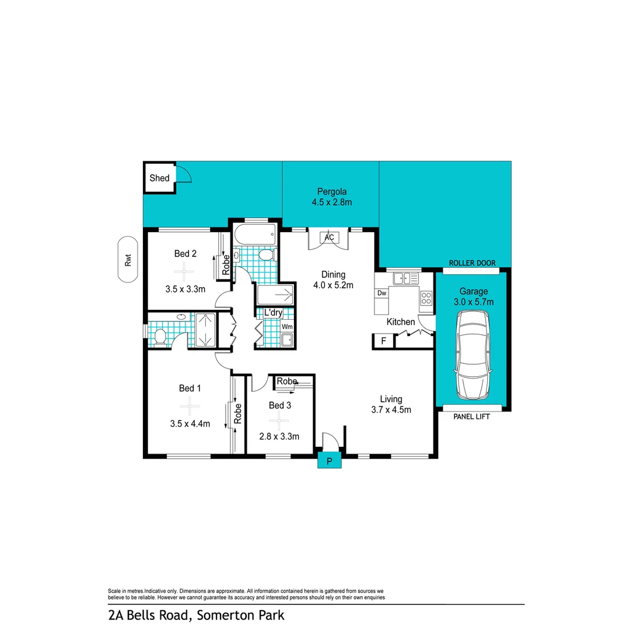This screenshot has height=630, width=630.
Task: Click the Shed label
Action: click(x=159, y=178)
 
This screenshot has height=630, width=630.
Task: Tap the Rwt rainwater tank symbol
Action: click(x=127, y=260)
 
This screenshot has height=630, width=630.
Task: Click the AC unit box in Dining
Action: click(x=329, y=238)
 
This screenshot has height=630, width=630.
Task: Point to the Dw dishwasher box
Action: click(x=382, y=293)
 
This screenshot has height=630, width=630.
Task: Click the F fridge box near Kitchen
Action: click(x=383, y=341)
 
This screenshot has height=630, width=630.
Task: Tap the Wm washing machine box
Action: click(x=287, y=327)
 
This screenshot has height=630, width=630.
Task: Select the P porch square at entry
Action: click(x=329, y=461)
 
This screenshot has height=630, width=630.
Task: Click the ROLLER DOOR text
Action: click(x=471, y=263)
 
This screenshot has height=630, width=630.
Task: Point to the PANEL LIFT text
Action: click(x=471, y=417)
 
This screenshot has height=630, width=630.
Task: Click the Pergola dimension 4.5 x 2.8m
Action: click(x=331, y=202)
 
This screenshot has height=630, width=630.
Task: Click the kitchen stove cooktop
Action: click(x=426, y=298)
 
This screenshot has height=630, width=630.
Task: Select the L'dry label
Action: click(x=273, y=313)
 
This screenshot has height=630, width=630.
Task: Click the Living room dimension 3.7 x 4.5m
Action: click(x=391, y=409)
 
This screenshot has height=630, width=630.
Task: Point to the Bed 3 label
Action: click(x=280, y=405)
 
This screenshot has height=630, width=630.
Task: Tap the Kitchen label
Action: click(x=401, y=322)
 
